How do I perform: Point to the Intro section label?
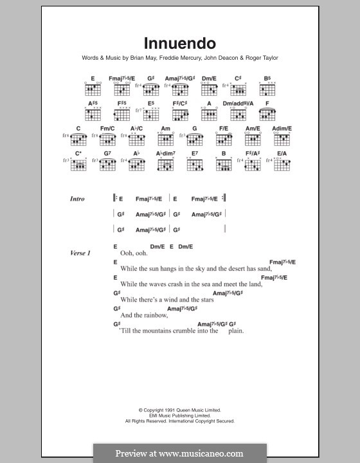click(78, 199)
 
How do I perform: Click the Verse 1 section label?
click(80, 253)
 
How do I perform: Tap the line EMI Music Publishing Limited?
click(180, 415)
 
